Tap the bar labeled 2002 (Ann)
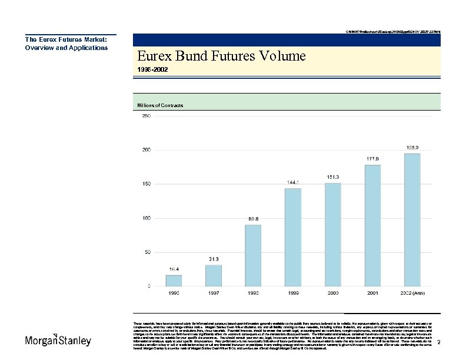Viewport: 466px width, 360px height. (x=412, y=219)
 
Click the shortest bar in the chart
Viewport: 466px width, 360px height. (x=174, y=280)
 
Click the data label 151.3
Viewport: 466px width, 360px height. (x=332, y=177)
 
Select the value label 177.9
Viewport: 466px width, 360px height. (x=372, y=159)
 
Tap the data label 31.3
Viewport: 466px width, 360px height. (x=214, y=259)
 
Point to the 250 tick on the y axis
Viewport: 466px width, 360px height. (x=145, y=116)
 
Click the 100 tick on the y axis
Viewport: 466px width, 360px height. (x=145, y=218)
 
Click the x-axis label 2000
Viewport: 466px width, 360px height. (x=332, y=292)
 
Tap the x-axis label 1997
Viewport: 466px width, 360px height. (x=214, y=292)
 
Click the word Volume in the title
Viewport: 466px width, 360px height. (x=281, y=56)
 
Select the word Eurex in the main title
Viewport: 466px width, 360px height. (x=154, y=56)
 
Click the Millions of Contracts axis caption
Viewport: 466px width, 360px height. (x=160, y=105)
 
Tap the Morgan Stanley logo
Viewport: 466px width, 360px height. (x=58, y=341)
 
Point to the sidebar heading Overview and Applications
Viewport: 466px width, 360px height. (x=66, y=48)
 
